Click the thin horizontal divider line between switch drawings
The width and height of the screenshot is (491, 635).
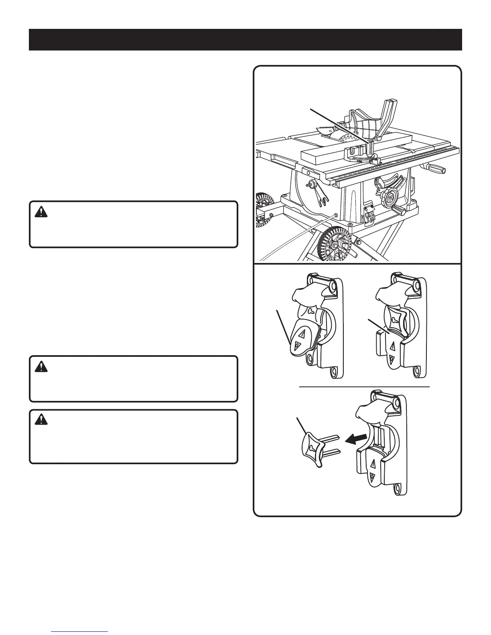coord(365,387)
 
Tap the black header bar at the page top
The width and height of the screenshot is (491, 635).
coord(245,40)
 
